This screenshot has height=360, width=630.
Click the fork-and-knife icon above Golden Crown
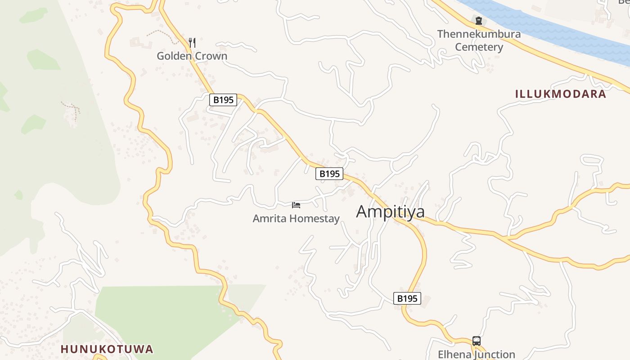coord(192,43)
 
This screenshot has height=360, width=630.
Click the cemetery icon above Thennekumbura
coord(478,21)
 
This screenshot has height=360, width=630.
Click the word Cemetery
coord(479,47)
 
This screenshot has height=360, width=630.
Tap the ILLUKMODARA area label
coord(560,94)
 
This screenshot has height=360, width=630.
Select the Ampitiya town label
coord(390,211)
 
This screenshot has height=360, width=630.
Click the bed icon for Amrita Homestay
coord(296,205)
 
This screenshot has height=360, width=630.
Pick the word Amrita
coord(269,219)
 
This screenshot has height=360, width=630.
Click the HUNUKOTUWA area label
coord(107,349)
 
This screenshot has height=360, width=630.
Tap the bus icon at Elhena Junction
coord(477,341)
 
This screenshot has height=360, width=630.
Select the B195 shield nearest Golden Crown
coord(223,100)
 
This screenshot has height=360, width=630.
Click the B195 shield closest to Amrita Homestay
coord(329,174)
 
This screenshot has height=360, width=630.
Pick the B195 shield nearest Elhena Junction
coord(407,298)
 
